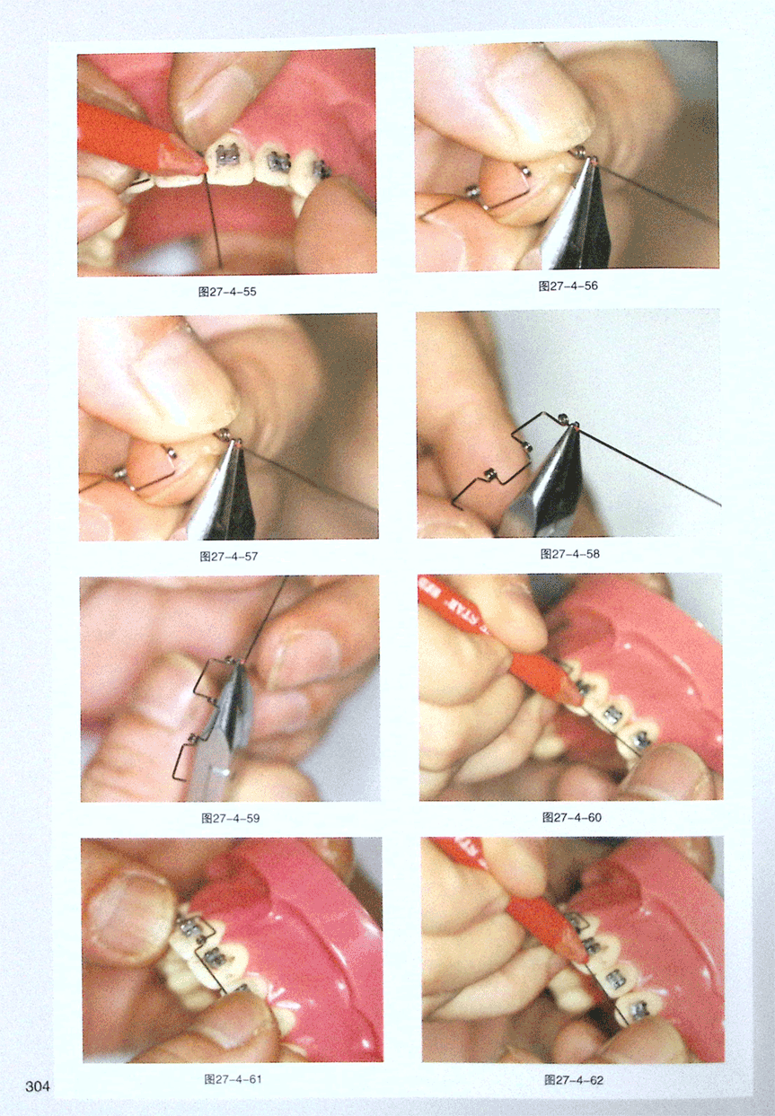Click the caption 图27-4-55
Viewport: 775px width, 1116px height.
point(227,292)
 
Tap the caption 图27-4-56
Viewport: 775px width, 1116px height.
point(568,286)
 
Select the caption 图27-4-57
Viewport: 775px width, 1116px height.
point(228,556)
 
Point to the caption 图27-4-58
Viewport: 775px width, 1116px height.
point(569,554)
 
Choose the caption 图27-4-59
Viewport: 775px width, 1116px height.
point(230,818)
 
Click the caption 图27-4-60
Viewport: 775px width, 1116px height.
point(572,817)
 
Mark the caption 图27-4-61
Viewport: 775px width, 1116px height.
point(233,1079)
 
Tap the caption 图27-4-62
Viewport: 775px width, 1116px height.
point(574,1080)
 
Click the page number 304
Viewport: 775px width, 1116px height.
point(38,1086)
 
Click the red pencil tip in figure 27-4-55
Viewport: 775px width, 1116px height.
point(206,169)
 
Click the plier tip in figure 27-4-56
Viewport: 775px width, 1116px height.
point(593,162)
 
